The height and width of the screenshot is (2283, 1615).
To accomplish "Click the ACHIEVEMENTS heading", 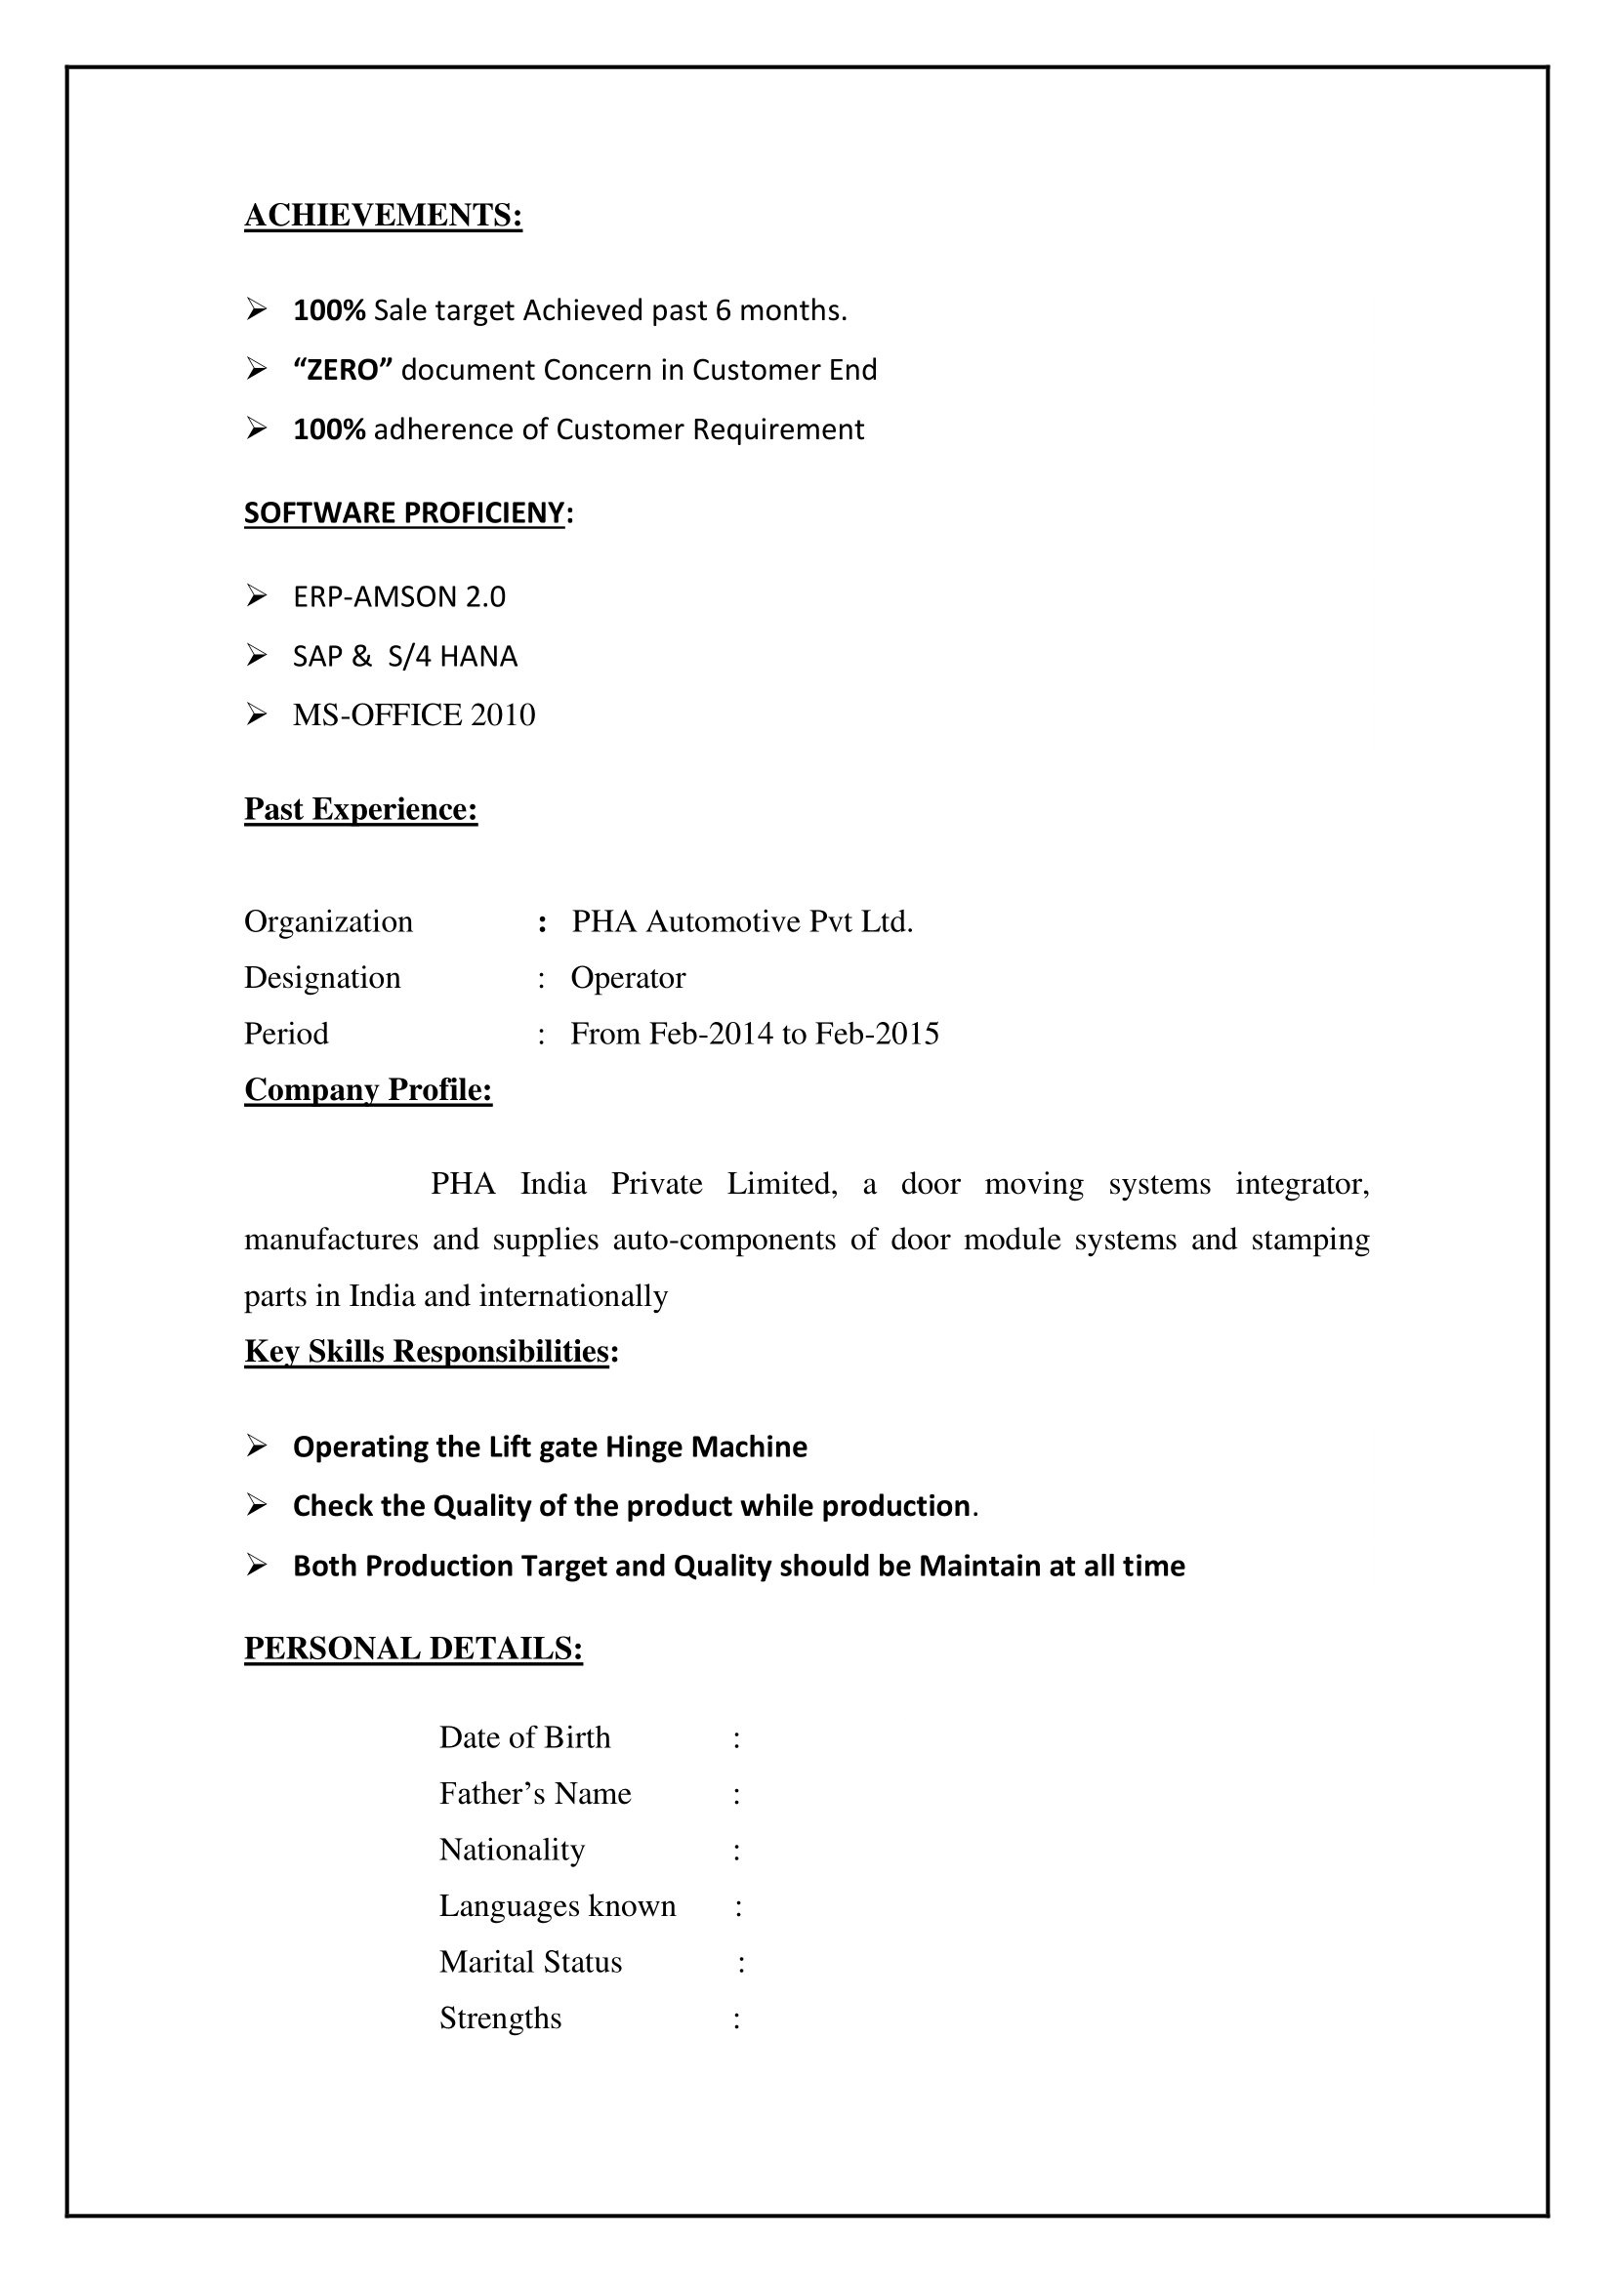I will [x=383, y=216].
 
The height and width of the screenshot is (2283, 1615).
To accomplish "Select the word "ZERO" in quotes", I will [x=343, y=370].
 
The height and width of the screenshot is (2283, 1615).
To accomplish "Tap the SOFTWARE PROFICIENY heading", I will [x=405, y=513].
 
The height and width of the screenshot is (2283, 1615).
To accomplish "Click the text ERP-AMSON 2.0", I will [x=398, y=596].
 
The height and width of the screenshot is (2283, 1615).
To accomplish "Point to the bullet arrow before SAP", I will [x=257, y=655].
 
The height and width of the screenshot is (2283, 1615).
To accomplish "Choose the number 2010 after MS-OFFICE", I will [x=503, y=714].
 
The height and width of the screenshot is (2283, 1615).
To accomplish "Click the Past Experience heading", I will [x=361, y=809].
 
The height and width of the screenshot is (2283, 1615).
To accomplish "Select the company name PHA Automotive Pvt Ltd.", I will [x=742, y=921].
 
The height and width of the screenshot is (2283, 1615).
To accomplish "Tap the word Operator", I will [x=628, y=977].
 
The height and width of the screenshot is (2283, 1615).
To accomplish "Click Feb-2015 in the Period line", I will [x=877, y=1034].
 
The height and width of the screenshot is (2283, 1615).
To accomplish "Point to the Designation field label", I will [x=322, y=977].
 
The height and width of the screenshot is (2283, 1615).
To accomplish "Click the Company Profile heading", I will [x=368, y=1090].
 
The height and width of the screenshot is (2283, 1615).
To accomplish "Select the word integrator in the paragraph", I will [x=1302, y=1184].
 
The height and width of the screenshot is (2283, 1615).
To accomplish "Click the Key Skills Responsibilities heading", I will [x=427, y=1351].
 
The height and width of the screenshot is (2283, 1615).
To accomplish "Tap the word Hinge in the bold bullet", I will [x=644, y=1447].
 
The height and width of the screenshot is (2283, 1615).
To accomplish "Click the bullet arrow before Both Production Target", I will [x=257, y=1565].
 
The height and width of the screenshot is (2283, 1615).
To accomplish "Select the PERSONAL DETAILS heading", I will [x=413, y=1649].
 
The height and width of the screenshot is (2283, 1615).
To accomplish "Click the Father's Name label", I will [x=535, y=1794].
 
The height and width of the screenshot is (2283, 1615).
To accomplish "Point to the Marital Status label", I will [x=531, y=1962].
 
